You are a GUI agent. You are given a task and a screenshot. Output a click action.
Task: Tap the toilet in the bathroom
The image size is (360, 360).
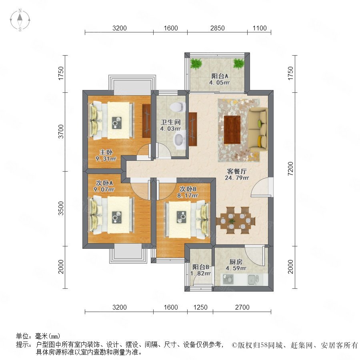click(x=178, y=107)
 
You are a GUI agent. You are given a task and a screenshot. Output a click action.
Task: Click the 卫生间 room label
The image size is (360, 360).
click(x=170, y=122)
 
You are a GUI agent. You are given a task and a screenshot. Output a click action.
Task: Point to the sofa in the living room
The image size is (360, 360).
click(x=258, y=129)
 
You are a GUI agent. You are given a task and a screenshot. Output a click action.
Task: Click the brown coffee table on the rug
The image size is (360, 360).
click(x=232, y=130)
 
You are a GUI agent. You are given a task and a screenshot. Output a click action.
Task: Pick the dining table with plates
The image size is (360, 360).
click(x=236, y=221)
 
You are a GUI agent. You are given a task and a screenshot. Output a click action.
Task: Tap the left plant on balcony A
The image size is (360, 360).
click(x=196, y=64)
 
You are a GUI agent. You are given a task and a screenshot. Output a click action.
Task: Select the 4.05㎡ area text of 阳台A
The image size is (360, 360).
click(x=219, y=83)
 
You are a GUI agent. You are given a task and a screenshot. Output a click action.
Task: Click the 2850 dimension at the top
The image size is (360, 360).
click(x=218, y=28)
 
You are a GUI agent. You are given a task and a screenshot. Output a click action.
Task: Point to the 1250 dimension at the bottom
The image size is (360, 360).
click(x=200, y=307)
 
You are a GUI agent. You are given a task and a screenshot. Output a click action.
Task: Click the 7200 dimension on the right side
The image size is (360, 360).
click(x=291, y=169)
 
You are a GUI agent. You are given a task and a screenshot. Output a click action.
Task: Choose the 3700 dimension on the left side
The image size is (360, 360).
click(x=61, y=132)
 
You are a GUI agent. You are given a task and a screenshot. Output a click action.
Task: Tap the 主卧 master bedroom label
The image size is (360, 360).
click(x=106, y=152)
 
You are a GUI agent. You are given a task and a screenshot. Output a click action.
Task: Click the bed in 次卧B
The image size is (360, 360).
click(x=187, y=219)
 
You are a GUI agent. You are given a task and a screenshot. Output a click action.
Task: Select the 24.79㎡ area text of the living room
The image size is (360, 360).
click(x=237, y=178)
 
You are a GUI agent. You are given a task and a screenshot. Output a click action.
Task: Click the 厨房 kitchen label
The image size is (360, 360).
click(x=236, y=262)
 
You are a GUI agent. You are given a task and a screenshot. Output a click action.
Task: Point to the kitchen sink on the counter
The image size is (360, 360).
click(x=253, y=279)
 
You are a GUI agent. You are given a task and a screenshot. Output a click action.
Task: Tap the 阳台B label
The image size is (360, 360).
click(x=201, y=267)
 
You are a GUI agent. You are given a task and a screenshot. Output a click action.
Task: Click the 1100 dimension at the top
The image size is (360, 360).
click(x=260, y=28)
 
